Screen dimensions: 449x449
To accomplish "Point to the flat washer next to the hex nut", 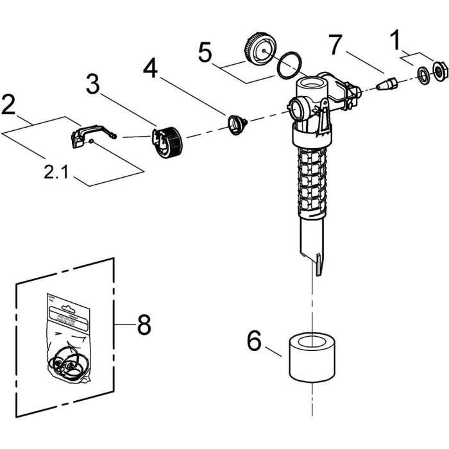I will coord(423,74).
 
